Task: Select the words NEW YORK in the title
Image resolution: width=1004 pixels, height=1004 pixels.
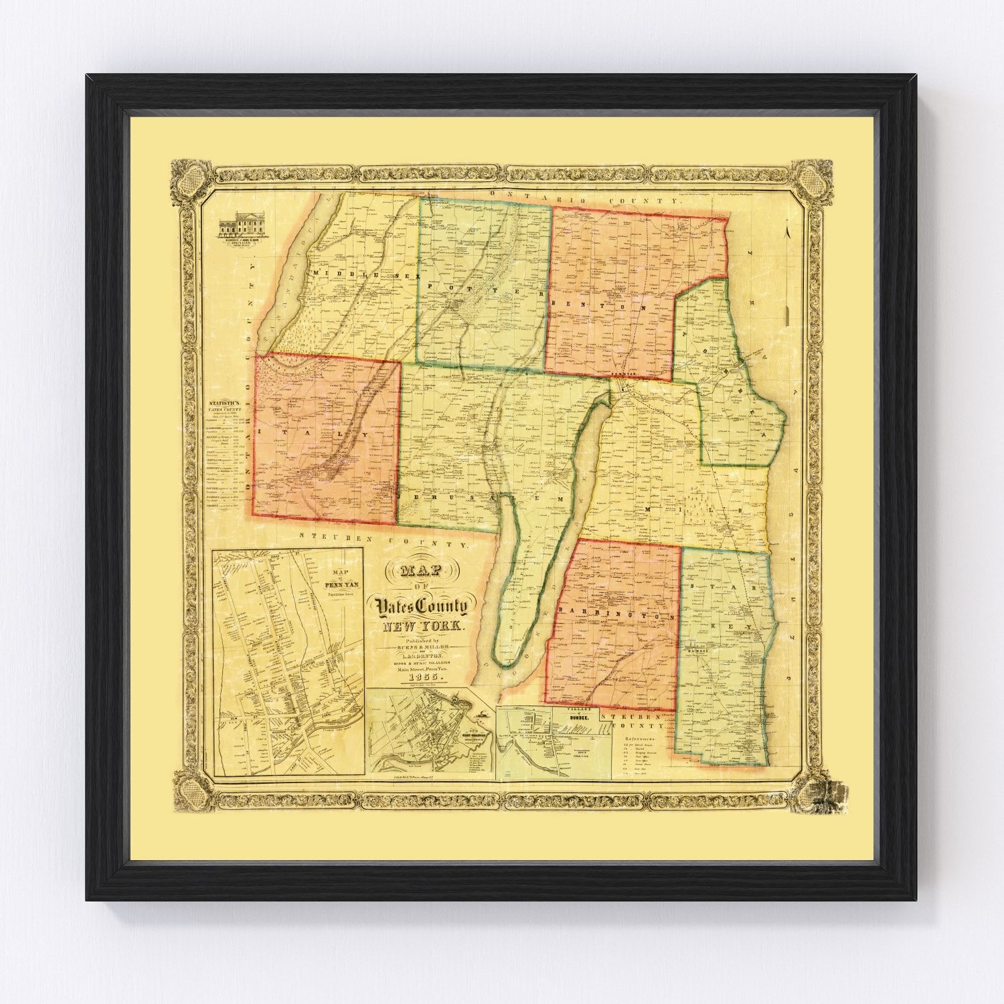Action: coord(420,628)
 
